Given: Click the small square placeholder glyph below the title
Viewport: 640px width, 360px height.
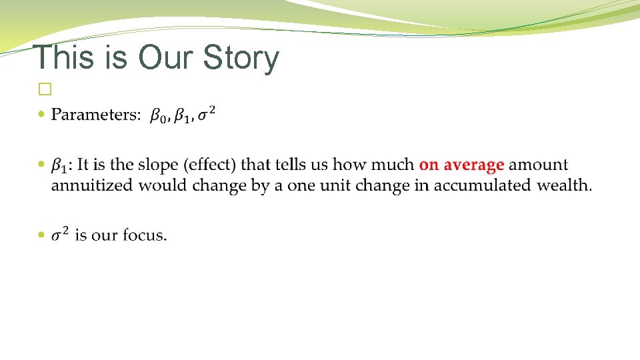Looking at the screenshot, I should [45, 88].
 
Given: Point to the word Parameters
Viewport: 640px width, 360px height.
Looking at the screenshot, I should [96, 115].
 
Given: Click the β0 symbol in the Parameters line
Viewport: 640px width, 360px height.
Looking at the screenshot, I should [158, 117].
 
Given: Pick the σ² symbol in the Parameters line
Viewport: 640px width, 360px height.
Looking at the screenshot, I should [206, 114].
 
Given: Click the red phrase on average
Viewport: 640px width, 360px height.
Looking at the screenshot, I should [461, 165].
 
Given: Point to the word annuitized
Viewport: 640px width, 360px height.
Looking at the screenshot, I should [92, 185].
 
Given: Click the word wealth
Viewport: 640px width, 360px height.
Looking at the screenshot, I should [564, 185].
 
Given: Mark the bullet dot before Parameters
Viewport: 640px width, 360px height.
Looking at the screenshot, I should [43, 115].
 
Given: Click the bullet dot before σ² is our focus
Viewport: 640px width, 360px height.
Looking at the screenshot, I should [43, 235].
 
